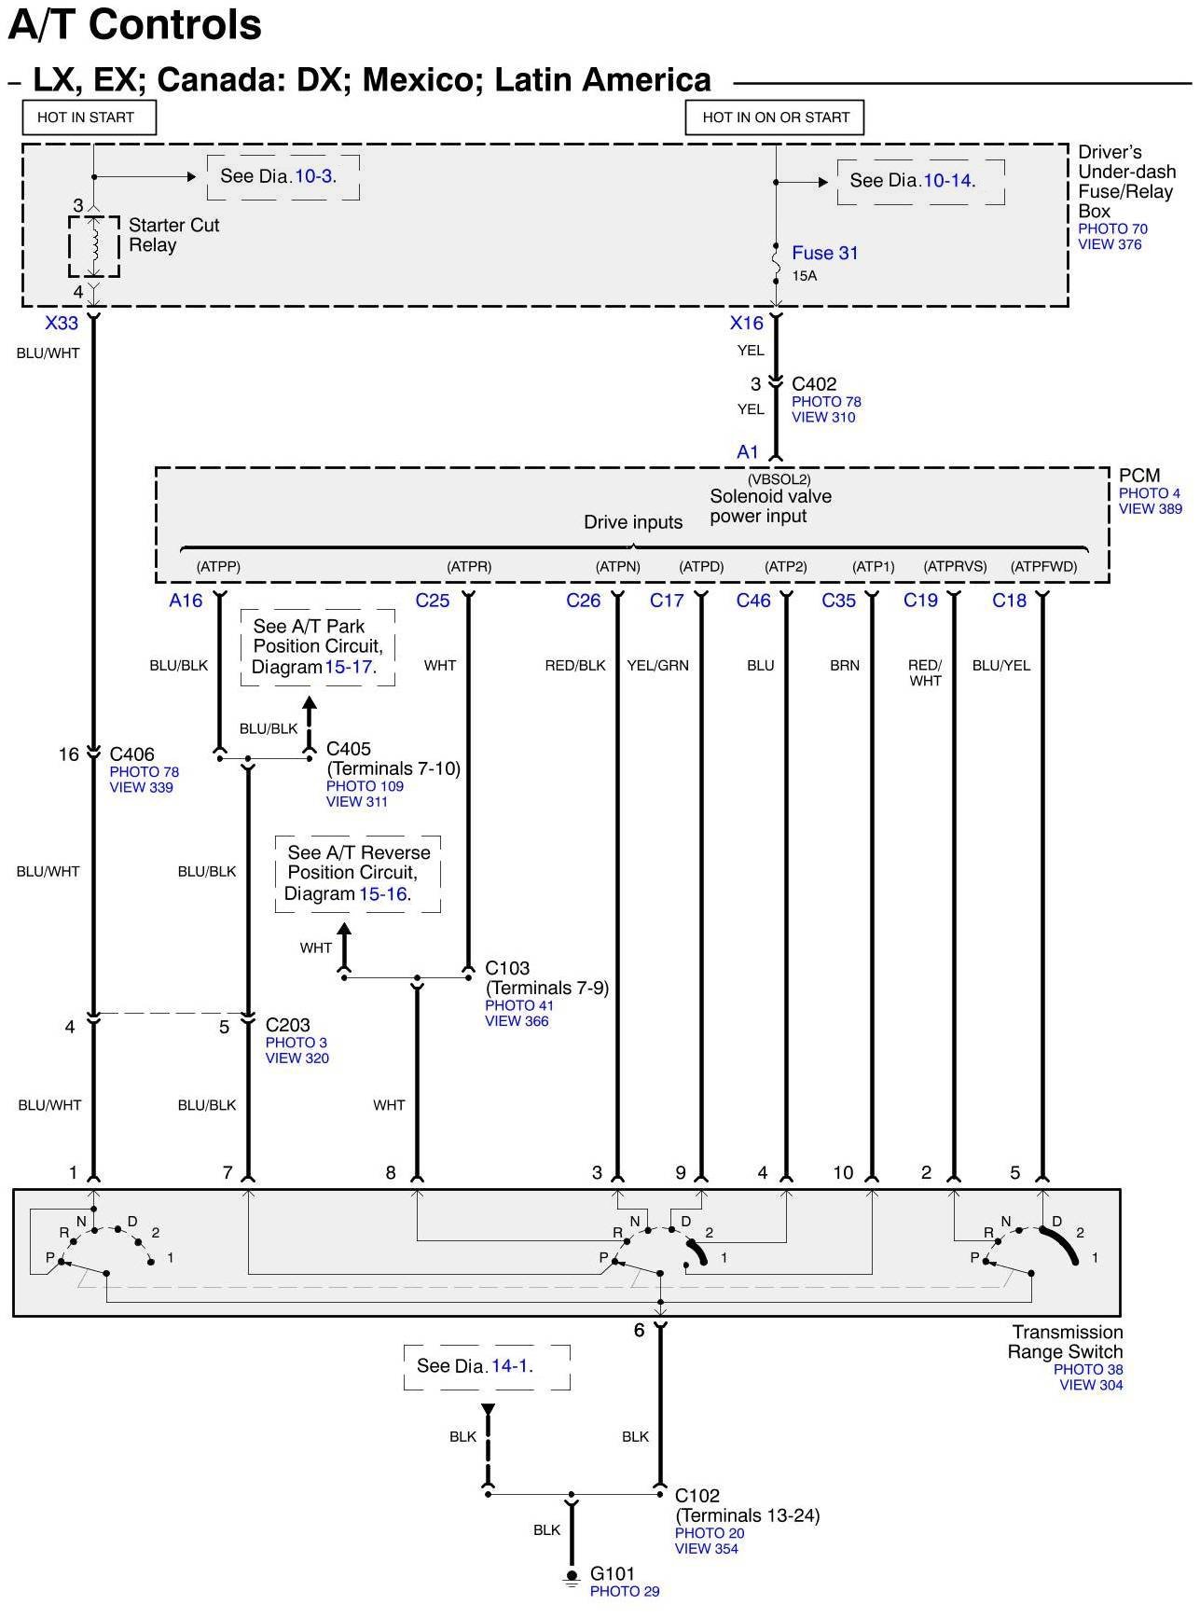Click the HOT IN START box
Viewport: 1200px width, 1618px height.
tap(89, 118)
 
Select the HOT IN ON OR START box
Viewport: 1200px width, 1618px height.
tap(775, 118)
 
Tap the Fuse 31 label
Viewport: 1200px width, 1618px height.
tap(824, 253)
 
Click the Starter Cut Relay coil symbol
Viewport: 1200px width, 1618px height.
tap(93, 246)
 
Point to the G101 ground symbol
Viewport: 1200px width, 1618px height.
tap(572, 1577)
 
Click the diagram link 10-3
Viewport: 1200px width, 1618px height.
tap(313, 176)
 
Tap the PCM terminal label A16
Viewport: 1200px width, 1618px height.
tap(186, 601)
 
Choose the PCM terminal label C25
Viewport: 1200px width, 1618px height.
tap(433, 601)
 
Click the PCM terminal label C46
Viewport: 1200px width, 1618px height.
tap(753, 601)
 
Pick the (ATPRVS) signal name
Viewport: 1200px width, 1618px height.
tap(955, 566)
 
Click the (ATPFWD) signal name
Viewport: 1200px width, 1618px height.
tap(1043, 566)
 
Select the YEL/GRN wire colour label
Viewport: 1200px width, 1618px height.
tap(657, 665)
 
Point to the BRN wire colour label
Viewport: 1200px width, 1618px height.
tap(845, 665)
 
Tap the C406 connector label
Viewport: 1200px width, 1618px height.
tap(131, 754)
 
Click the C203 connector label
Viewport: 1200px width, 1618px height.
tap(287, 1025)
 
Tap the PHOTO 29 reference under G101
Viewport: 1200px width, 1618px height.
tap(624, 1591)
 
